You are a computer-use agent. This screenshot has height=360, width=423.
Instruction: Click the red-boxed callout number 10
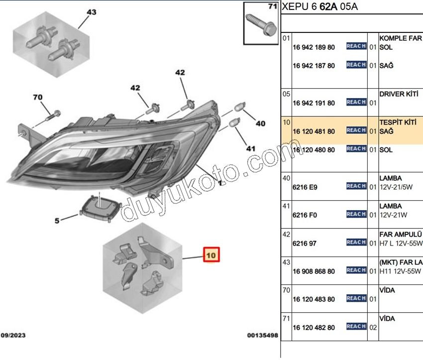coord(211,255)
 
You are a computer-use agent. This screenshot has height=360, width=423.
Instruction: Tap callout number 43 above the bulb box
coord(92,12)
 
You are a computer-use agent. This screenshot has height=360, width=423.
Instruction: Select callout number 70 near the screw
coord(38,97)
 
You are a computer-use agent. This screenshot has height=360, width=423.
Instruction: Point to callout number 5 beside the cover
coord(57,221)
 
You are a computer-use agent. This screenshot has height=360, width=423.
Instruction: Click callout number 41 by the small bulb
coord(251,148)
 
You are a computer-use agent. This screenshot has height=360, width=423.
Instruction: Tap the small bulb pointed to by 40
coord(239,107)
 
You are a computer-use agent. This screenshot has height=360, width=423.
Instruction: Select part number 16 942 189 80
coord(314,47)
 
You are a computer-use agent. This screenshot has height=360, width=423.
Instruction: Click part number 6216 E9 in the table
coord(305,187)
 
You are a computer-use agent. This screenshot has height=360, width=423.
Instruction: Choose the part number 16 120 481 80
coord(314,131)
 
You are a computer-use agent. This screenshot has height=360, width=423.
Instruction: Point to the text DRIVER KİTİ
coord(399,94)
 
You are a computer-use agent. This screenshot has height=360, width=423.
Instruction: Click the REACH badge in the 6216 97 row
coord(356,242)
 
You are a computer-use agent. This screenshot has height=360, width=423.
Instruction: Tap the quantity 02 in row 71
coord(373,328)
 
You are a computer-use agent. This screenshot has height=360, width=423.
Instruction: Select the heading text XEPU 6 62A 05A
coord(319,6)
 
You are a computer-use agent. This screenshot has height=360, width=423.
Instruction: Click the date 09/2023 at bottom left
coord(13,335)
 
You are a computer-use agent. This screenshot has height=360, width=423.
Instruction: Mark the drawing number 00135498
coord(262,335)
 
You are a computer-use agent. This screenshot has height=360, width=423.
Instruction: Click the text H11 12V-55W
coord(400,271)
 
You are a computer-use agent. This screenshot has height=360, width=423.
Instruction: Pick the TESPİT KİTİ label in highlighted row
coord(398,122)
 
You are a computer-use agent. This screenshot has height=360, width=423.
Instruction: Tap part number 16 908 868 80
coord(314,271)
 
